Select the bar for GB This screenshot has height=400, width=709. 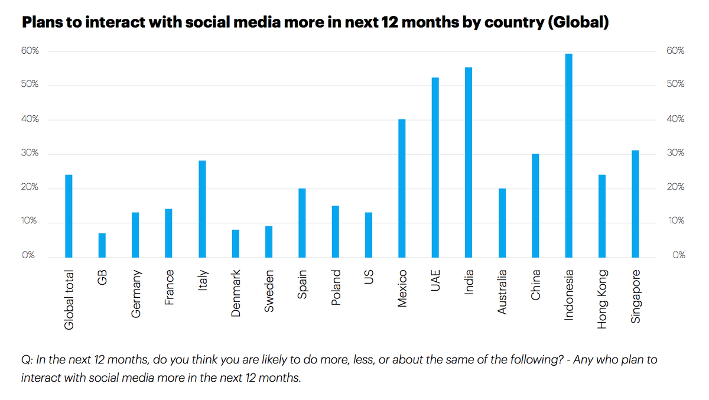102,245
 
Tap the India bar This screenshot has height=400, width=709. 469,162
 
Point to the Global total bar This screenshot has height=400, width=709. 69,216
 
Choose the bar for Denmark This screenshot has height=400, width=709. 235,243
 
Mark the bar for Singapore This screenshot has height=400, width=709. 635,204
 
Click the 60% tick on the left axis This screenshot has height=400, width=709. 31,51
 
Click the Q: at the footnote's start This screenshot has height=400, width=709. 26,360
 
